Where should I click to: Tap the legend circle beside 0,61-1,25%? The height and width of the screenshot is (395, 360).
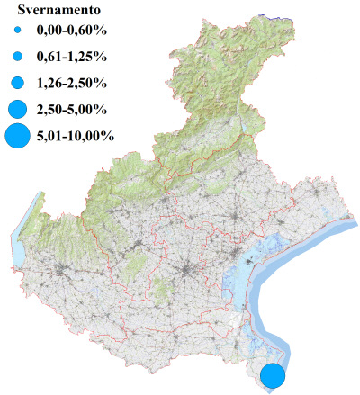pyautogui.click(x=17, y=57)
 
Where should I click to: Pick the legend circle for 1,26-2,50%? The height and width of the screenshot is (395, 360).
pyautogui.click(x=17, y=83)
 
